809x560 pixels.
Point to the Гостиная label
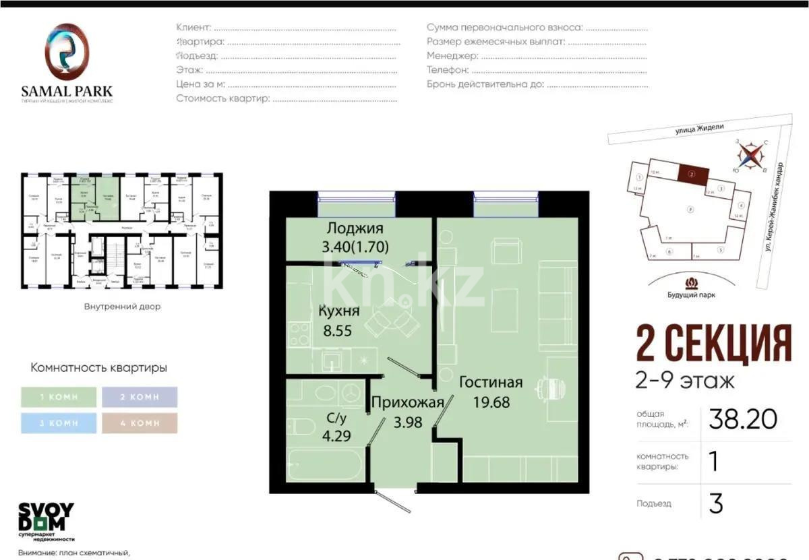491,383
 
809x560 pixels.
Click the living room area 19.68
491,402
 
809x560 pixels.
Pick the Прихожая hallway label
407,403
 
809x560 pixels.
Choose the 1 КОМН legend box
59,397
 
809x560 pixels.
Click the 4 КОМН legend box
140,423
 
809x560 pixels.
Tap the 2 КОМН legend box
140,397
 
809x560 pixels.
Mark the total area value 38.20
742,420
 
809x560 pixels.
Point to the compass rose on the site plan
748,156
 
